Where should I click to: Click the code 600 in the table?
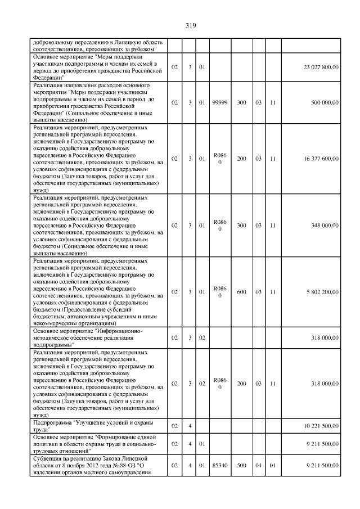coord(241,292)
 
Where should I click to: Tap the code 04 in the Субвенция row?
coord(258,466)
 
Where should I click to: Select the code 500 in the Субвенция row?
coord(241,466)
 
